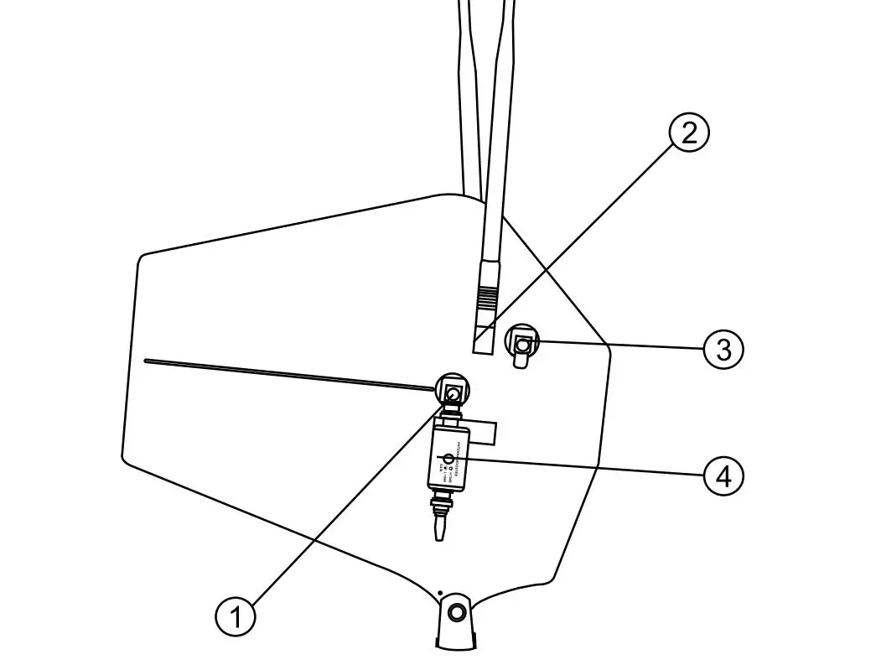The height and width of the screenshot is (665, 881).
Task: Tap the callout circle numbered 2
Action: (x=688, y=133)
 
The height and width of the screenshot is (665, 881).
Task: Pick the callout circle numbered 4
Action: (x=723, y=476)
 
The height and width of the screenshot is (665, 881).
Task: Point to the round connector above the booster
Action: (x=453, y=392)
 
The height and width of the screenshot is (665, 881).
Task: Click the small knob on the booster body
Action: (x=448, y=460)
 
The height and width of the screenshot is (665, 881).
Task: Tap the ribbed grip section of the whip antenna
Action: (x=485, y=298)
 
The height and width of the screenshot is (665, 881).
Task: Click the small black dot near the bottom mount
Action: (x=441, y=593)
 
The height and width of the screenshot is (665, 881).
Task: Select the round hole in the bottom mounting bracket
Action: (x=456, y=612)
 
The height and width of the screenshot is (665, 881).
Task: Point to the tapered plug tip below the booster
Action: (x=440, y=528)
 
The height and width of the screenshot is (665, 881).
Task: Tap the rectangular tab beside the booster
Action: (x=485, y=433)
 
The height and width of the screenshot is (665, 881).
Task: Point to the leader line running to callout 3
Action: (x=620, y=344)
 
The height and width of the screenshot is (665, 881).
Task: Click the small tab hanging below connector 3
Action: (x=521, y=361)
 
